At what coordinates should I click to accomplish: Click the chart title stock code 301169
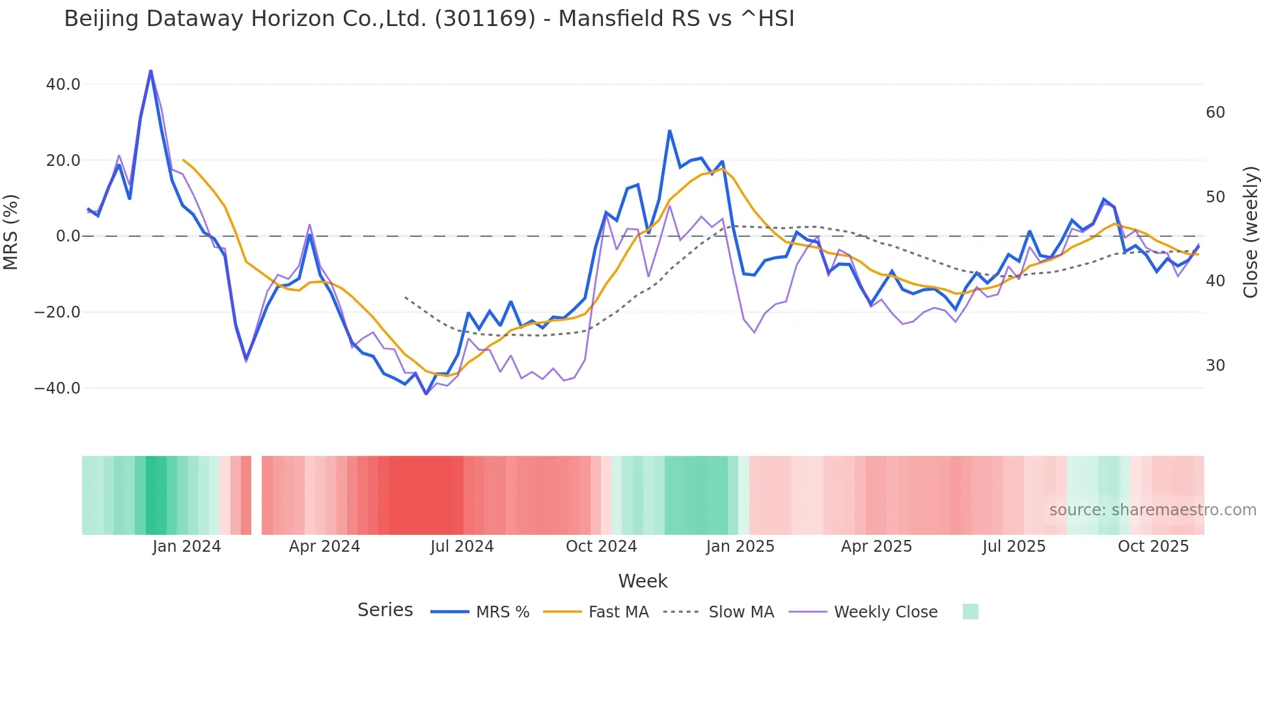pos(484,19)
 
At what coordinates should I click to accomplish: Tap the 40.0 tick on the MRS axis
pos(63,85)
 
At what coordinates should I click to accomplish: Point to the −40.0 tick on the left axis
pos(57,388)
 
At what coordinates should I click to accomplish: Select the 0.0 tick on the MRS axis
pos(68,236)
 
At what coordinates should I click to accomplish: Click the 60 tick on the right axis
pos(1215,113)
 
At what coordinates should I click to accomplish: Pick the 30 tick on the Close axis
pos(1215,366)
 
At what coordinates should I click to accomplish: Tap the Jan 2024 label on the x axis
pos(187,547)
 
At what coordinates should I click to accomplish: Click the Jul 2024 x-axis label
pos(462,547)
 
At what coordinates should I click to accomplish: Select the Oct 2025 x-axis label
pos(1153,547)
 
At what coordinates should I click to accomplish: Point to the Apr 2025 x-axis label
pos(876,547)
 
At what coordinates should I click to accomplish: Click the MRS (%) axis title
pos(11,232)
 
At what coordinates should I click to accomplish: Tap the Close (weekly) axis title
pos(1250,232)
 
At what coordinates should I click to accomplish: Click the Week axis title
pos(643,581)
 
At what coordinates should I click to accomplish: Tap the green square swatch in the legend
pos(970,612)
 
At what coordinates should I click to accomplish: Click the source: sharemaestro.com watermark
pos(1152,510)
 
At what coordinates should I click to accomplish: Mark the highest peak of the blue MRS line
pos(150,70)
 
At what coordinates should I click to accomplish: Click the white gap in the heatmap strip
pos(257,495)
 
